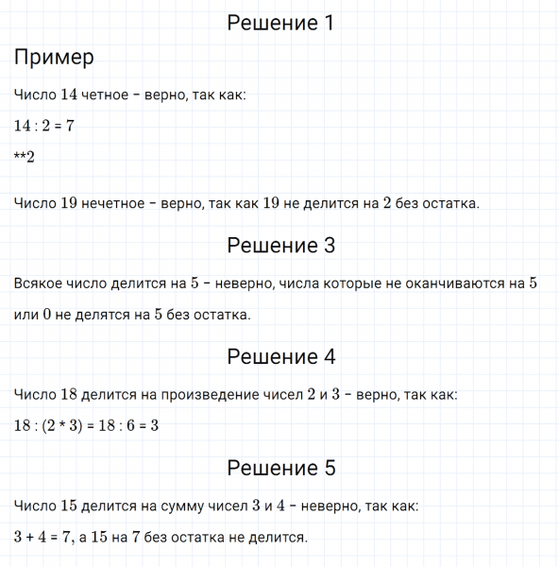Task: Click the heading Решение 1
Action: click(280, 24)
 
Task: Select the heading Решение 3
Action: click(280, 246)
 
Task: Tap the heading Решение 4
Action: click(280, 357)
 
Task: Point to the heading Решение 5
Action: click(280, 468)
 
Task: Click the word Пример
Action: click(55, 58)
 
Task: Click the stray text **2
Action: click(25, 157)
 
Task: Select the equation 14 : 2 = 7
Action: click(44, 126)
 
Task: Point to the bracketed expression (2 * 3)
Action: click(76, 425)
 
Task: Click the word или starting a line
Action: click(26, 315)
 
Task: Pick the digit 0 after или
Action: click(46, 315)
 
